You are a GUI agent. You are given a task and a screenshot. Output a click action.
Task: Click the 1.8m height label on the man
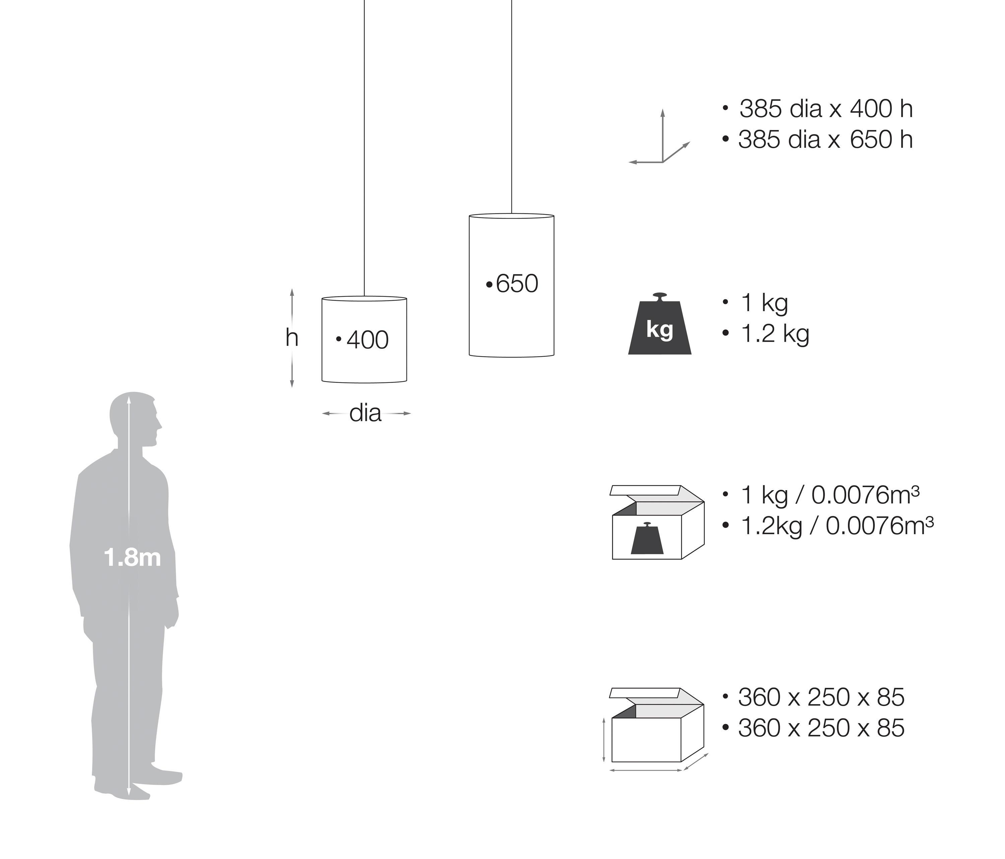click(x=132, y=558)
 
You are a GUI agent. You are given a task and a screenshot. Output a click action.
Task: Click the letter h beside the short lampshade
click(x=291, y=338)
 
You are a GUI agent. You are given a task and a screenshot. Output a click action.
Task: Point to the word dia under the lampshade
click(x=365, y=413)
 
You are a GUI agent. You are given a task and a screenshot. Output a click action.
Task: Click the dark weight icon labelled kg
click(x=660, y=327)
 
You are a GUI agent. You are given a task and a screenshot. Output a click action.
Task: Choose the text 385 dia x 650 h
click(x=825, y=140)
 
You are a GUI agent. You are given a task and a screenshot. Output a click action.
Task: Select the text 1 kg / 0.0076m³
click(x=830, y=495)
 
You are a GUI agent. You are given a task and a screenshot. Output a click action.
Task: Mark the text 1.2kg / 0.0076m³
click(x=837, y=526)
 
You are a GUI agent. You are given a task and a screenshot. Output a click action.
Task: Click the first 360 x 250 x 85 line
click(x=821, y=697)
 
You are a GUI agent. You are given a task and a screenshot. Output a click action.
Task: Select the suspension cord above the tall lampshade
click(x=512, y=107)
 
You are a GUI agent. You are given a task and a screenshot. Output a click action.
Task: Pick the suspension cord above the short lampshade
click(x=364, y=145)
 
